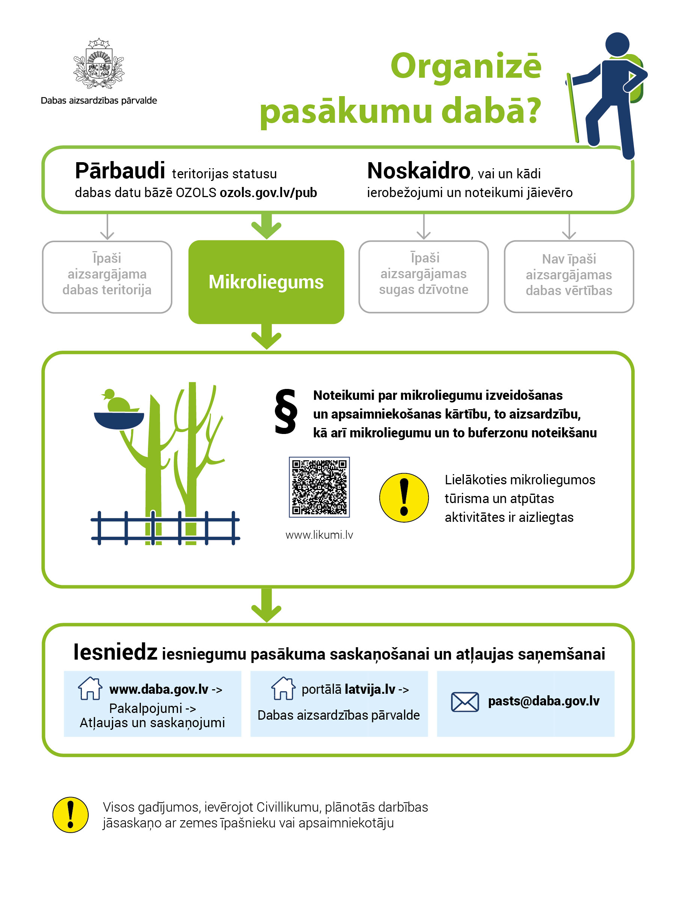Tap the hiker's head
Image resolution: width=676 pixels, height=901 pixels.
pyautogui.click(x=617, y=44)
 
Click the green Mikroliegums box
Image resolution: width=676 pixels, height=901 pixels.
pyautogui.click(x=266, y=282)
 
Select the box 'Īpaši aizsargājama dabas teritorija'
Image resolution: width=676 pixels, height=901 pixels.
pyautogui.click(x=107, y=277)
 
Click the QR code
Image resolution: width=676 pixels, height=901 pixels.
pyautogui.click(x=319, y=487)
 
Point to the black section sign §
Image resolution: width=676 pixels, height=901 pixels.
pyautogui.click(x=286, y=412)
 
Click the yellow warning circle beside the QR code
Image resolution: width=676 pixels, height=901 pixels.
pyautogui.click(x=404, y=497)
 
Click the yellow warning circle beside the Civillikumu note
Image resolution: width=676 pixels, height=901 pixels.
pyautogui.click(x=71, y=815)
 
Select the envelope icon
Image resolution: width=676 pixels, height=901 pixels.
pyautogui.click(x=465, y=702)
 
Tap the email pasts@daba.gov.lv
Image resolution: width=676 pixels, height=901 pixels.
pyautogui.click(x=543, y=701)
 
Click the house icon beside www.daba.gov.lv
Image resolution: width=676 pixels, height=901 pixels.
pyautogui.click(x=90, y=689)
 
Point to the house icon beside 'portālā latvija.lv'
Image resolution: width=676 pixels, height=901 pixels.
pyautogui.click(x=283, y=689)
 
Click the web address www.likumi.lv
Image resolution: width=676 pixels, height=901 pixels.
pyautogui.click(x=319, y=535)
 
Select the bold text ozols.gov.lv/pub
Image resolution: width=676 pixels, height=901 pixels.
pyautogui.click(x=268, y=193)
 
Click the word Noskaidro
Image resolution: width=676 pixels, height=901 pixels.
pyautogui.click(x=418, y=171)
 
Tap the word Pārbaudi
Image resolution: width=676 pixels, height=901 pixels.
pyautogui.click(x=120, y=171)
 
